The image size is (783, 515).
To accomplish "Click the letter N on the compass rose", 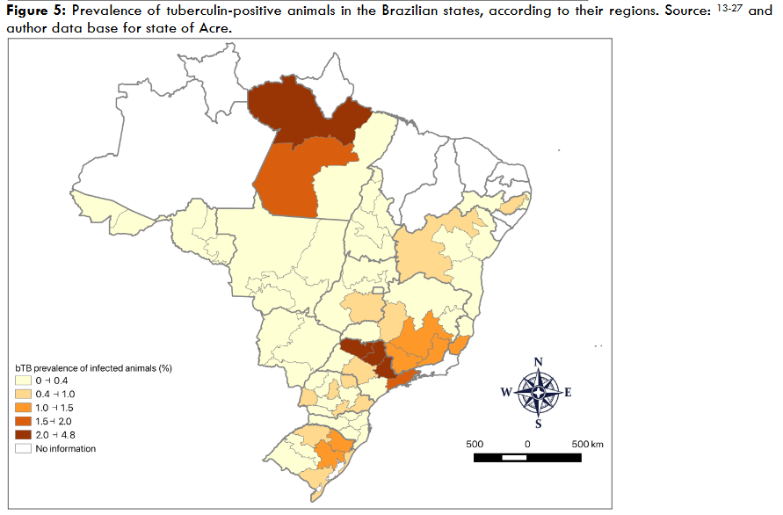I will click(538, 362).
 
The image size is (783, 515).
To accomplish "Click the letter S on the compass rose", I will click(538, 424).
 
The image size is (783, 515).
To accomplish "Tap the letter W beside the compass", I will click(505, 393).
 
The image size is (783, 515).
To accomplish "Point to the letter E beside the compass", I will click(568, 393).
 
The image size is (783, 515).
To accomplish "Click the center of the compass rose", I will click(538, 392).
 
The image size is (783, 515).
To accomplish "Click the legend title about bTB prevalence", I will click(92, 367).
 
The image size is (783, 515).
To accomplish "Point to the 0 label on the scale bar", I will click(528, 444).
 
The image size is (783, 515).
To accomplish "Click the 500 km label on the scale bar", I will click(586, 444).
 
